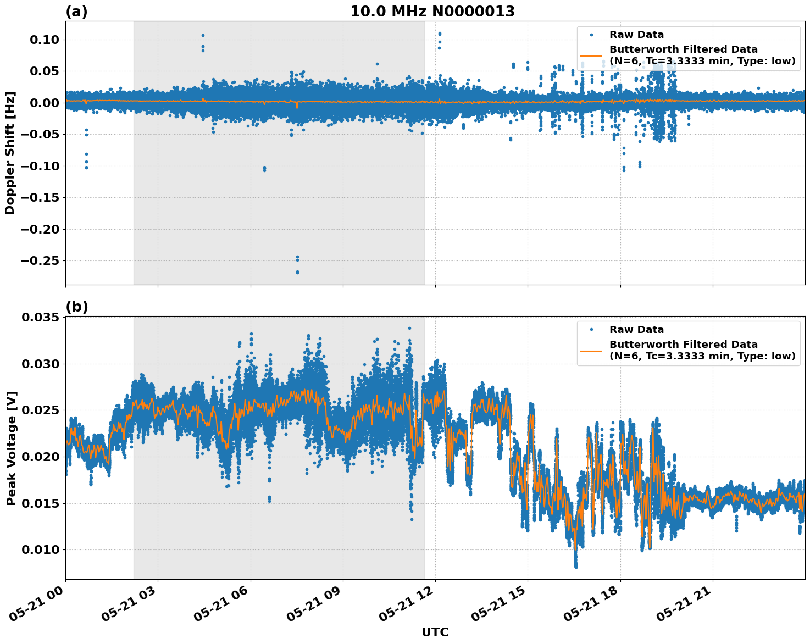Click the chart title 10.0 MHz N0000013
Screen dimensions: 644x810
tap(432, 12)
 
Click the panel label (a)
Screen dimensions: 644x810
tap(76, 12)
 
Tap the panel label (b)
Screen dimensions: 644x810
tap(76, 307)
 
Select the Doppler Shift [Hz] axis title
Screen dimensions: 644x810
tap(10, 153)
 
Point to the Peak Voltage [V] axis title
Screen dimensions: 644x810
tap(11, 448)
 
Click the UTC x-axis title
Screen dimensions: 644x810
tap(435, 632)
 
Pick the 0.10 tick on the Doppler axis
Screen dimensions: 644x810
tap(44, 40)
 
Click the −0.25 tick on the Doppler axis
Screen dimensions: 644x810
tap(40, 260)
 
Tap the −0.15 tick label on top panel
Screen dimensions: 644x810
tap(40, 197)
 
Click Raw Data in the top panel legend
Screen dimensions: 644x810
tap(636, 35)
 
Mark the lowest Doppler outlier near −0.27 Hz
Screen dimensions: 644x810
tap(297, 272)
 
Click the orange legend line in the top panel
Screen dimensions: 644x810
tap(591, 55)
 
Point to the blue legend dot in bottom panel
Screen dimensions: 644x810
tap(591, 330)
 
